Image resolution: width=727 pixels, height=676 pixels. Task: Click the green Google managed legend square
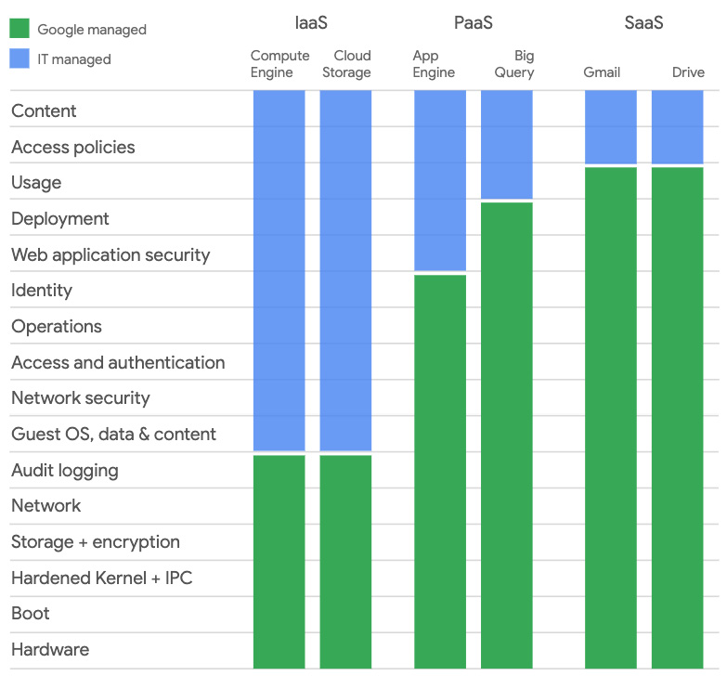19,29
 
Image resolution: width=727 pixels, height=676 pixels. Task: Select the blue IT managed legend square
19,58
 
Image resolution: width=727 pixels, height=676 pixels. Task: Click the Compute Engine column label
279,64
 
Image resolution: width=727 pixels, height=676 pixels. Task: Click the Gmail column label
602,72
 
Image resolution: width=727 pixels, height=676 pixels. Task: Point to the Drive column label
688,72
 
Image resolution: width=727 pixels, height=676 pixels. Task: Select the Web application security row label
110,254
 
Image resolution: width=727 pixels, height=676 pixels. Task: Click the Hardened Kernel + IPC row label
101,578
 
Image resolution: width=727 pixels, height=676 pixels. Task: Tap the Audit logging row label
64,470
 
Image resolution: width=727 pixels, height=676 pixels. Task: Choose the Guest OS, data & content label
113,434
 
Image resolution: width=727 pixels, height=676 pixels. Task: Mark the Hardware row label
50,649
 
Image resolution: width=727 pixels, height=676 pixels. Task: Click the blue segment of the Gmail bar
611,126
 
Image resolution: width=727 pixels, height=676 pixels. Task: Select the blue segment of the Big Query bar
507,144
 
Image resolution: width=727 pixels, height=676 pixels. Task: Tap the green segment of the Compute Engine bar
279,561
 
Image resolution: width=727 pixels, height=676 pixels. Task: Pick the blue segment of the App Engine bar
440,180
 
